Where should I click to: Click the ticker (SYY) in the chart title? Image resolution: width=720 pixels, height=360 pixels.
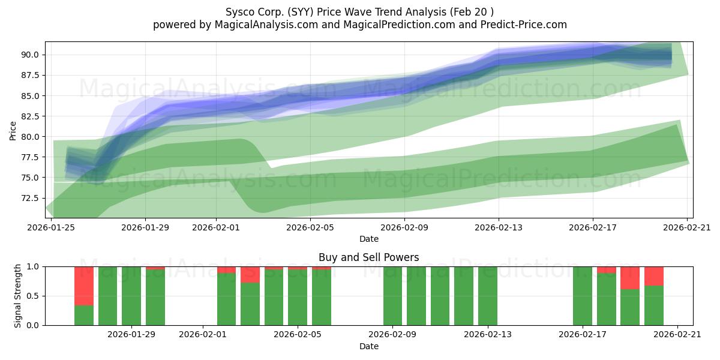click(300, 12)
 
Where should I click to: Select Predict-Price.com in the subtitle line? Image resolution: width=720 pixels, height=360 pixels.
click(524, 25)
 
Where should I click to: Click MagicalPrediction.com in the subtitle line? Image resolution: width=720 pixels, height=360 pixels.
click(399, 25)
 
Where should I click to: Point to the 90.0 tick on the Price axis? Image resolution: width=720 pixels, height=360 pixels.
click(30, 55)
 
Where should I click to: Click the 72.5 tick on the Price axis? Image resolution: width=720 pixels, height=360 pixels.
click(30, 198)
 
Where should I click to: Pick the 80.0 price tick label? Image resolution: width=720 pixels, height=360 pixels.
click(30, 137)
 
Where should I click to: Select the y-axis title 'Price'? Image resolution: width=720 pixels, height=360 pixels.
click(13, 131)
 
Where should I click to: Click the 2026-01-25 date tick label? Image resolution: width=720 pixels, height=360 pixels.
click(51, 227)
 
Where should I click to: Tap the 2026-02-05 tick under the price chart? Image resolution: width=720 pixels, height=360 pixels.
click(310, 227)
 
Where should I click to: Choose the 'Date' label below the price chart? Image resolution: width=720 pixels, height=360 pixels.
click(368, 239)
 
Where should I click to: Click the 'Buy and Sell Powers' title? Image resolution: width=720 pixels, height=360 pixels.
click(368, 257)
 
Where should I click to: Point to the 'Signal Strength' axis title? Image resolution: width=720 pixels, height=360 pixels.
click(17, 296)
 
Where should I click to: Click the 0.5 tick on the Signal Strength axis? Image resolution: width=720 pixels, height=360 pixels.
click(32, 296)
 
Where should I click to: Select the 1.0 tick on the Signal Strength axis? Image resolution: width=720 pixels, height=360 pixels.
click(32, 266)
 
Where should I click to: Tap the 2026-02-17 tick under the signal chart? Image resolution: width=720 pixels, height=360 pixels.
click(583, 335)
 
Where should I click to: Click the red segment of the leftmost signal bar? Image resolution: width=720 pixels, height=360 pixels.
click(84, 286)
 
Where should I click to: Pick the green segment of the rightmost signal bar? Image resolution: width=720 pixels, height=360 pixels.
click(654, 305)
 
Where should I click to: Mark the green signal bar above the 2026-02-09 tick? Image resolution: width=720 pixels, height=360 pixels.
click(392, 296)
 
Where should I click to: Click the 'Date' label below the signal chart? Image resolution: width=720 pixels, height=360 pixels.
click(368, 346)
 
